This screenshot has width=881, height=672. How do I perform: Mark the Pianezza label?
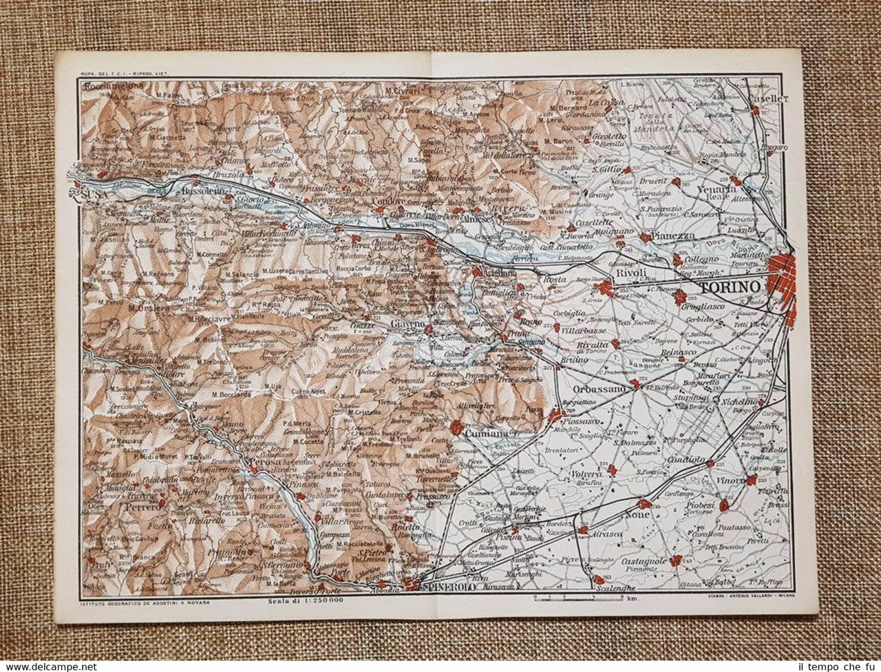pyautogui.click(x=679, y=236)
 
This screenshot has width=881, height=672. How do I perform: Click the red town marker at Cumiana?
pyautogui.click(x=456, y=428)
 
